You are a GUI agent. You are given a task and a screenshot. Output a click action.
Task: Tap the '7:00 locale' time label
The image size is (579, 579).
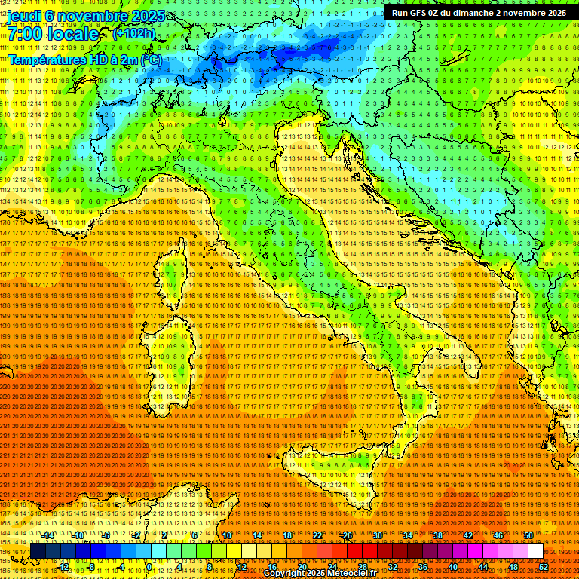coord(53,35)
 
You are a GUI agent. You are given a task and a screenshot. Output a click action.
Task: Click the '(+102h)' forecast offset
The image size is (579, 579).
coord(133,34)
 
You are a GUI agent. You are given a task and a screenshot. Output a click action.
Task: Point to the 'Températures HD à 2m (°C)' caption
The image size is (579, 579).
coord(84,59)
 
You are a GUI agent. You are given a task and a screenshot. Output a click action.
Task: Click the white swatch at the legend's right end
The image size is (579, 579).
coord(535,551)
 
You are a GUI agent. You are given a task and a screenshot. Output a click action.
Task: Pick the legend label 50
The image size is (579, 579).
coord(528,535)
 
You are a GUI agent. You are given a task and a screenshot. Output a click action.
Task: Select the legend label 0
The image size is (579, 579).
coord(149,566)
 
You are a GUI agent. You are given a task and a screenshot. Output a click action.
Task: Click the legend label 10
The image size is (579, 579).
coord(226,535)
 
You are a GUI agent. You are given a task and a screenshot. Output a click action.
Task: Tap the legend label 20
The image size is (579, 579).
coord(302,566)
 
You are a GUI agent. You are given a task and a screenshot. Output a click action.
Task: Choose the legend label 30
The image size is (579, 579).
coord(377,535)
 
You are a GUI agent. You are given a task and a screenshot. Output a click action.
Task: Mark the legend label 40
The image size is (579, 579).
coord(453,566)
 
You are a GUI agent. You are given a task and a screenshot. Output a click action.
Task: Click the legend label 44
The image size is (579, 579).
coord(483,566)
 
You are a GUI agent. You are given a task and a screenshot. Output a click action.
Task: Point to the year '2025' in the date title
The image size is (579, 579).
coord(130,16)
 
